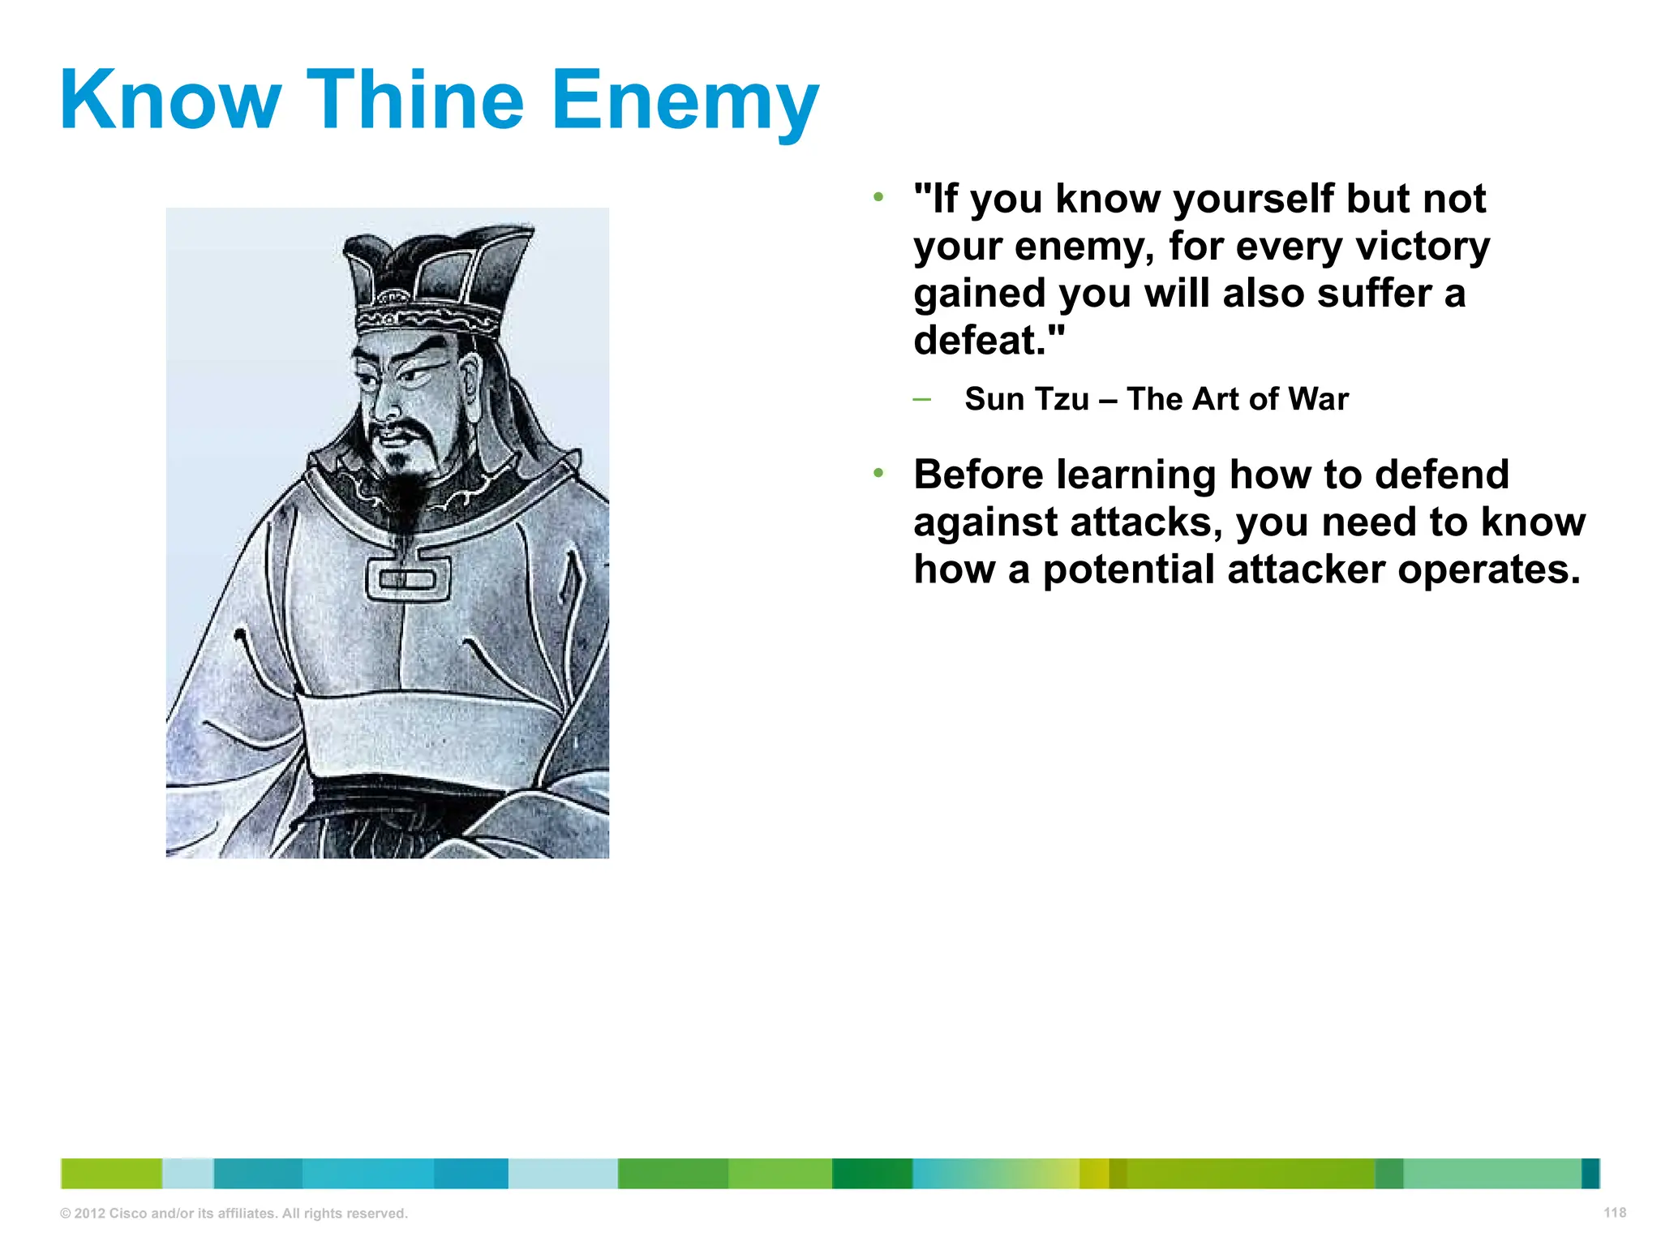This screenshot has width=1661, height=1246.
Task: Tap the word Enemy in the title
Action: (685, 101)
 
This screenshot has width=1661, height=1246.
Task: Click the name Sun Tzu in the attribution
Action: (1027, 399)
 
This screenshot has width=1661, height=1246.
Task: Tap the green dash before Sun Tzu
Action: (921, 398)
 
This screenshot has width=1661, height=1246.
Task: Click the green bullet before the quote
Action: (878, 197)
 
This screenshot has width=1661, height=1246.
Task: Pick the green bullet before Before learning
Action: (878, 473)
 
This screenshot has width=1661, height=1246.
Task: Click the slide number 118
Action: (1615, 1213)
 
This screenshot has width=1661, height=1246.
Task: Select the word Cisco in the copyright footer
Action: (128, 1214)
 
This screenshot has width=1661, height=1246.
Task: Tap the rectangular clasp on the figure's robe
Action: (407, 578)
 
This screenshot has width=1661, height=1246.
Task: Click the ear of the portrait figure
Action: (470, 381)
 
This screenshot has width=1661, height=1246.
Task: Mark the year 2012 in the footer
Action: (89, 1214)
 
